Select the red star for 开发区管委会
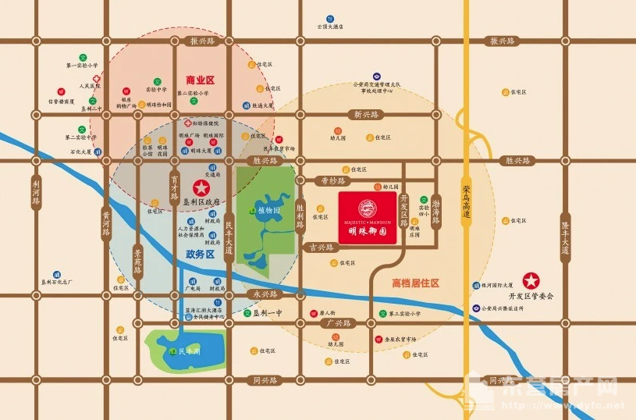click(x=531, y=280)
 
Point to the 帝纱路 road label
click(x=332, y=180)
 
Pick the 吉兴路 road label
click(x=320, y=247)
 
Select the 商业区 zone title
click(x=200, y=80)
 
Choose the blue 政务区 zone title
click(x=200, y=254)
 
